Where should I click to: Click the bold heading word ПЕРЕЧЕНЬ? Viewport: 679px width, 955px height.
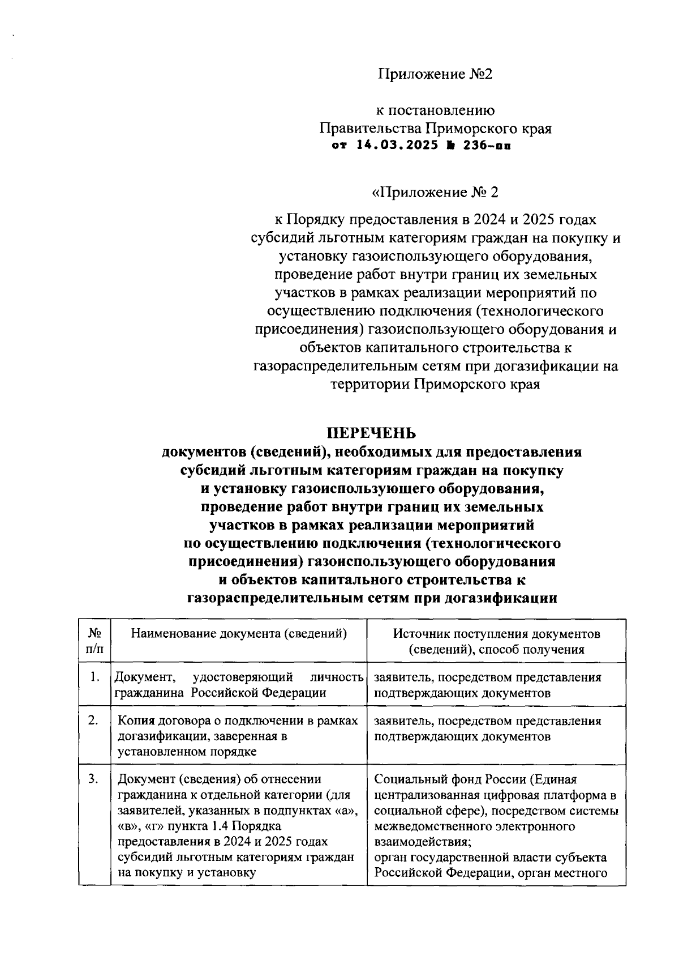(372, 433)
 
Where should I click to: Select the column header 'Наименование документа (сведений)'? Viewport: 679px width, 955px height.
(238, 633)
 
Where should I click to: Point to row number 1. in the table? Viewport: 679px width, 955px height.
(95, 676)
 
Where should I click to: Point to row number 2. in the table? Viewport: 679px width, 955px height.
(94, 720)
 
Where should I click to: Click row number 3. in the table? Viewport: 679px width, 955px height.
(94, 779)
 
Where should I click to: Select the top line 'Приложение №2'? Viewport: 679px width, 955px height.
(435, 74)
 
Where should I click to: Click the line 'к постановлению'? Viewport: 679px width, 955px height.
(436, 110)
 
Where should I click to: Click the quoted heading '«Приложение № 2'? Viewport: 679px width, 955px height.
(435, 193)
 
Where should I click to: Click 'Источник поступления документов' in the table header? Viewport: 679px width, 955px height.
(496, 633)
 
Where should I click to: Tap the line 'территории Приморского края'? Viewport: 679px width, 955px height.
(435, 385)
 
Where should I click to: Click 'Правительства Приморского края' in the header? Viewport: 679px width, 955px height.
(435, 129)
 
